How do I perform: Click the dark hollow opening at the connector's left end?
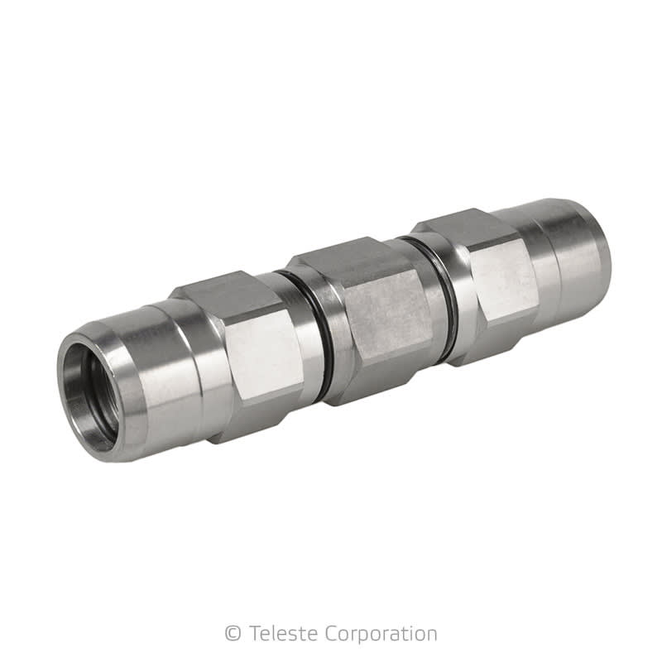point(89,396)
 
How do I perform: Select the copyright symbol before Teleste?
point(233,634)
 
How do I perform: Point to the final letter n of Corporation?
point(430,635)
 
